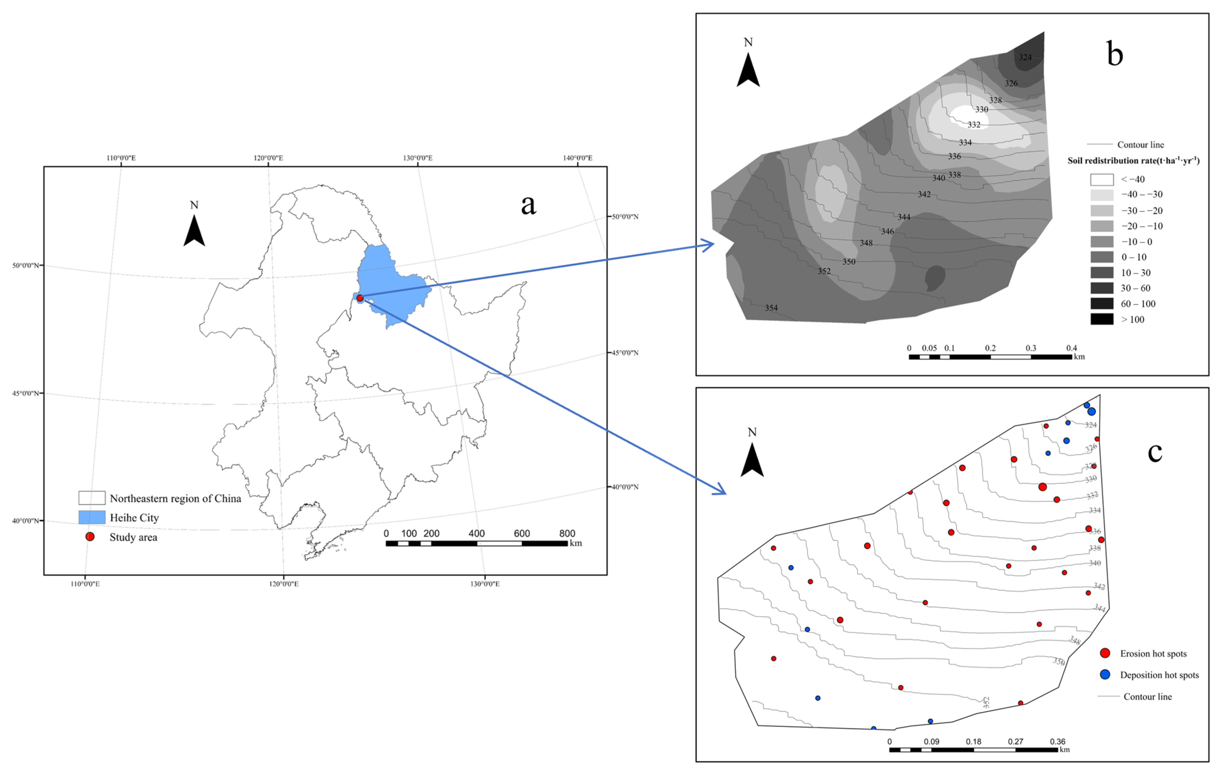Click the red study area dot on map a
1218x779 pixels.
click(360, 298)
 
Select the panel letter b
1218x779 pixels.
click(1115, 54)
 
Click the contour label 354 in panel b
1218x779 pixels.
click(771, 308)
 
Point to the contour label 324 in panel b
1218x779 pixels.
click(1025, 57)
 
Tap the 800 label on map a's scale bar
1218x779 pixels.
click(567, 534)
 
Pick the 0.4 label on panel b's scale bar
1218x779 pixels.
click(1071, 348)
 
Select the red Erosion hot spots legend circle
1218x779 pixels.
click(1105, 654)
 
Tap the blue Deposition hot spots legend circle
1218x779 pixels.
click(1105, 675)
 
